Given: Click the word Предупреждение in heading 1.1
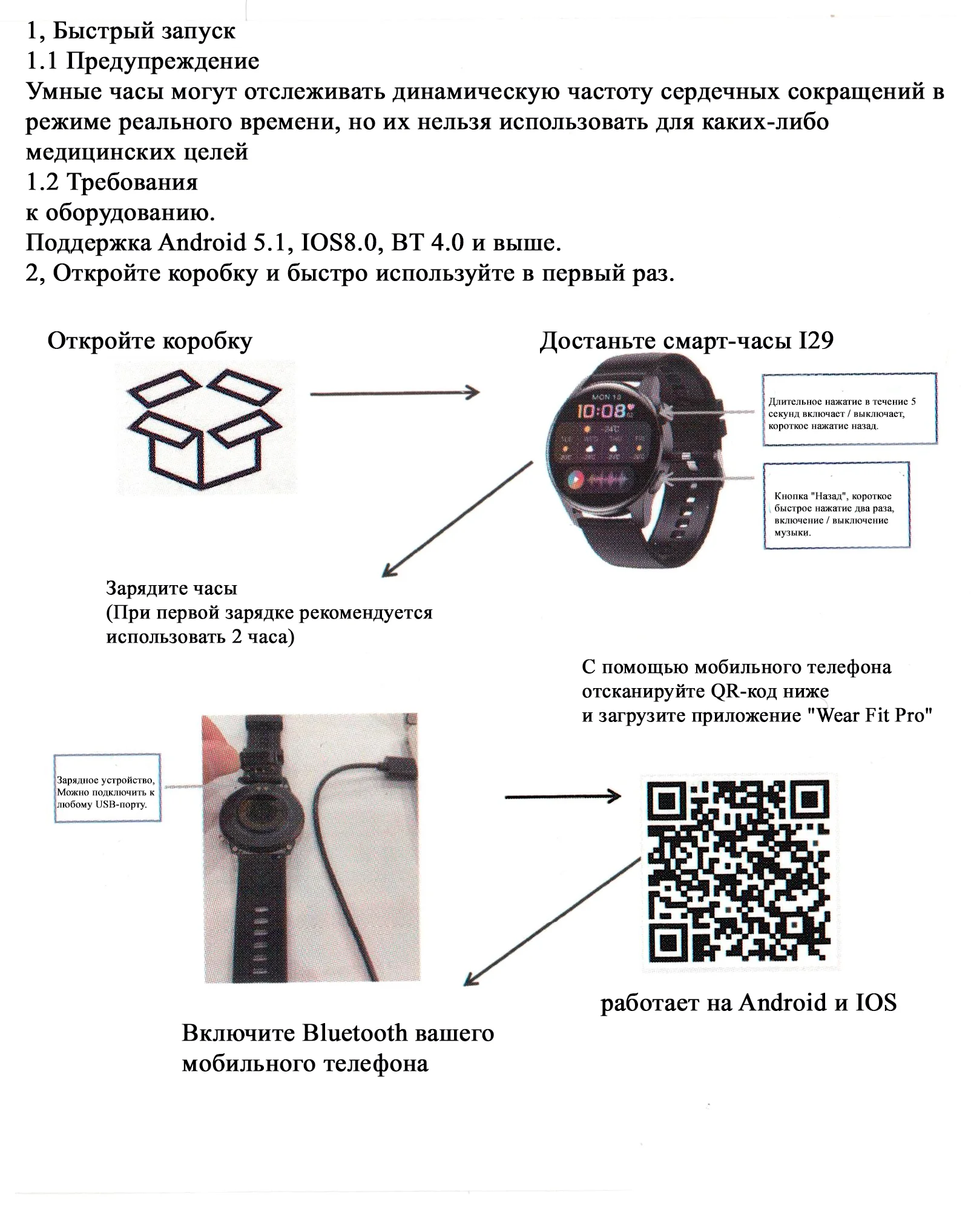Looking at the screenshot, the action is [x=162, y=61].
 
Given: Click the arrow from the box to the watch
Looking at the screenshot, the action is [x=395, y=393].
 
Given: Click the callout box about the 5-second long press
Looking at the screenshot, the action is [x=849, y=409].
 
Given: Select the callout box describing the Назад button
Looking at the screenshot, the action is [x=837, y=506].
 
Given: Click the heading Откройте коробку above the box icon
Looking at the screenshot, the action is [x=150, y=342].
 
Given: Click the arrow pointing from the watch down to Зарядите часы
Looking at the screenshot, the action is [x=458, y=519].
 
